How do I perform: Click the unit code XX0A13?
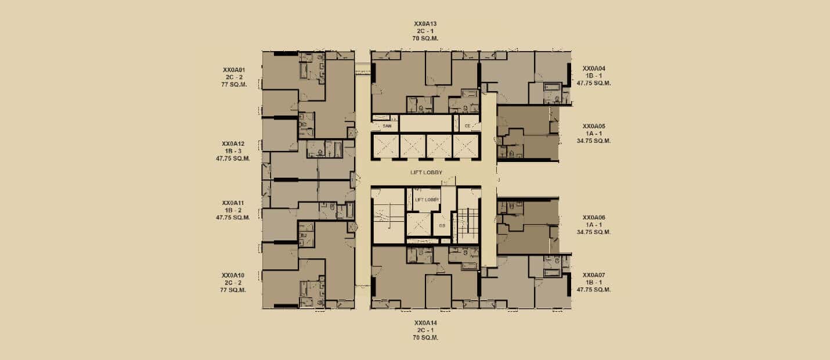tap(425, 24)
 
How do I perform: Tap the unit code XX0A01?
tap(234, 70)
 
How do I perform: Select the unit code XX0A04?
tap(594, 68)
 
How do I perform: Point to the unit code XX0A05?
tap(594, 126)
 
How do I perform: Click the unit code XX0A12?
tap(233, 143)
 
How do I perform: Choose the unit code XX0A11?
tap(233, 203)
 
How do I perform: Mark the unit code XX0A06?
tap(594, 217)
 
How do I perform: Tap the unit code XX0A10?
tap(233, 275)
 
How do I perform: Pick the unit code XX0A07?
tap(594, 275)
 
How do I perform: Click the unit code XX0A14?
tap(425, 323)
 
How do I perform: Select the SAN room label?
tap(387, 126)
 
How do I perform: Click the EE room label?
tap(468, 126)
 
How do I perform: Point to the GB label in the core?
tap(442, 225)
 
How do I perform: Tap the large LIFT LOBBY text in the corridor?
tap(426, 172)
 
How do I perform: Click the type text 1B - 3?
tap(233, 151)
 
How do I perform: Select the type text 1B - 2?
tap(233, 210)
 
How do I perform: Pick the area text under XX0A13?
tap(425, 38)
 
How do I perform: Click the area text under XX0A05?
tap(594, 141)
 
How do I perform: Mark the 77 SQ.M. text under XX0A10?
tap(233, 290)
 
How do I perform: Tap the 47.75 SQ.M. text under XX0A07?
tap(594, 289)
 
